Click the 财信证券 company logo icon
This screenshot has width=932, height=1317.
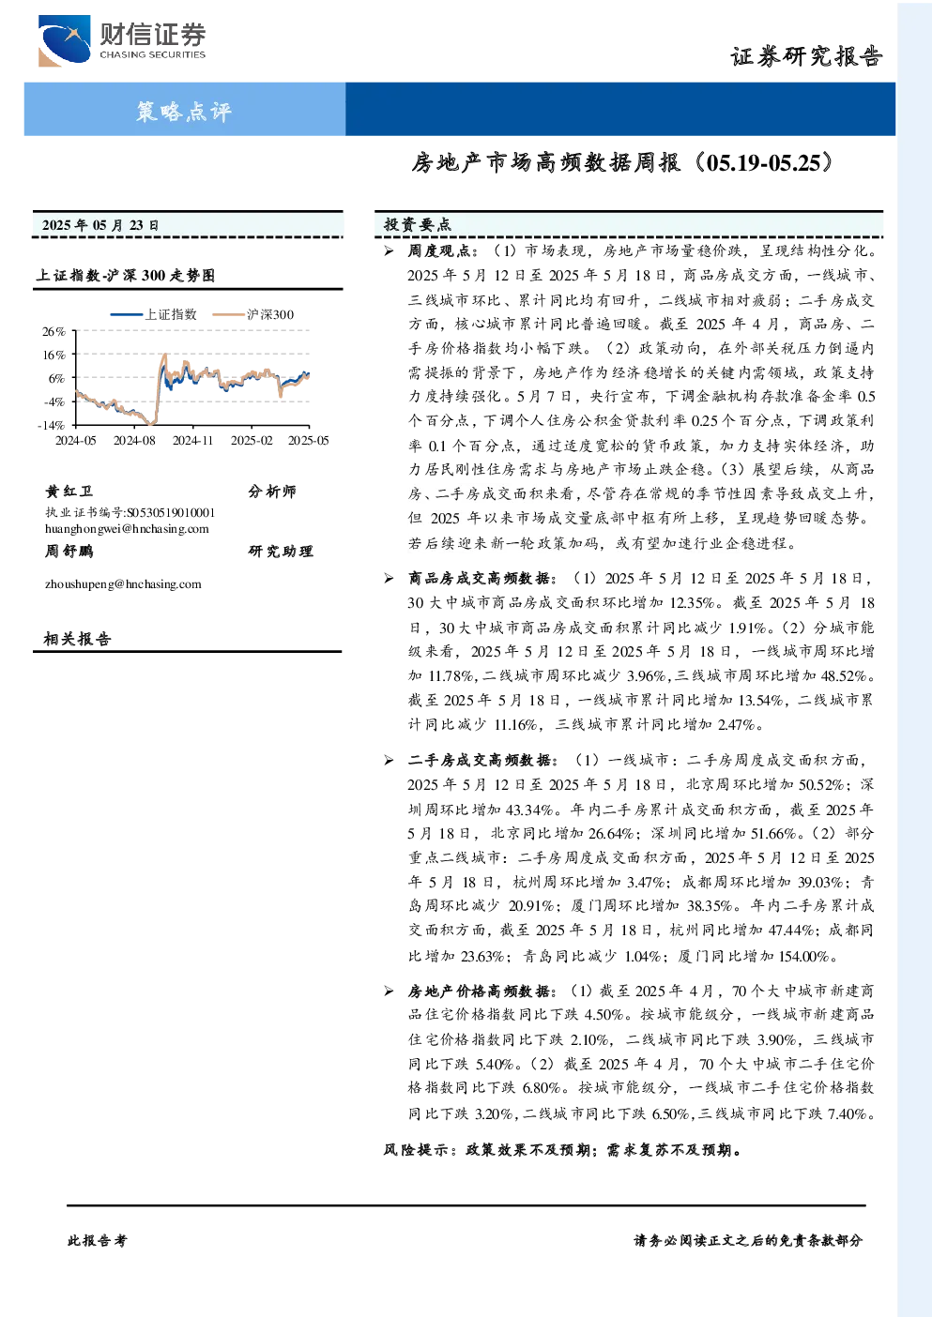pyautogui.click(x=65, y=40)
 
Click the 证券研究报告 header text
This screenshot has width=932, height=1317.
pyautogui.click(x=806, y=57)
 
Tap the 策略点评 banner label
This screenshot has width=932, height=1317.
pyautogui.click(x=184, y=111)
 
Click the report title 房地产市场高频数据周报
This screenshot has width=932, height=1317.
pyautogui.click(x=545, y=162)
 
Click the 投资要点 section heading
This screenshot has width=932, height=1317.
pyautogui.click(x=417, y=224)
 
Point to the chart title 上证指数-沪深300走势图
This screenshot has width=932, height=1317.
pyautogui.click(x=126, y=275)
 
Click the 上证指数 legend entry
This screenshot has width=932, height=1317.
pyautogui.click(x=154, y=314)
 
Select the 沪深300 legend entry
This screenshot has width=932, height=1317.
pyautogui.click(x=253, y=314)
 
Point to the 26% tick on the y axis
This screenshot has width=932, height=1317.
pyautogui.click(x=53, y=332)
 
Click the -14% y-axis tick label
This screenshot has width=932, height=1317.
pyautogui.click(x=52, y=425)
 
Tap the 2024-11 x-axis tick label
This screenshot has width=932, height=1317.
pyautogui.click(x=192, y=440)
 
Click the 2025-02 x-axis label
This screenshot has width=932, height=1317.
pyautogui.click(x=252, y=440)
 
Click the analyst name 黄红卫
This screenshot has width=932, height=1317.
pyautogui.click(x=69, y=491)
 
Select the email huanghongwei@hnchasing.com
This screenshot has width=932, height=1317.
pyautogui.click(x=127, y=528)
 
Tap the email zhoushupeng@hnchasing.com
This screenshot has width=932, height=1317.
pyautogui.click(x=123, y=583)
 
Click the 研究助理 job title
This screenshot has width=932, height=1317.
pyautogui.click(x=280, y=551)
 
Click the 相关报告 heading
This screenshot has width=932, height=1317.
pyautogui.click(x=77, y=639)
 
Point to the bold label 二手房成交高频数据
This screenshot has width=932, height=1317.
pyautogui.click(x=479, y=760)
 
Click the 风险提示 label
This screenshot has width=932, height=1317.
pyautogui.click(x=416, y=1150)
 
